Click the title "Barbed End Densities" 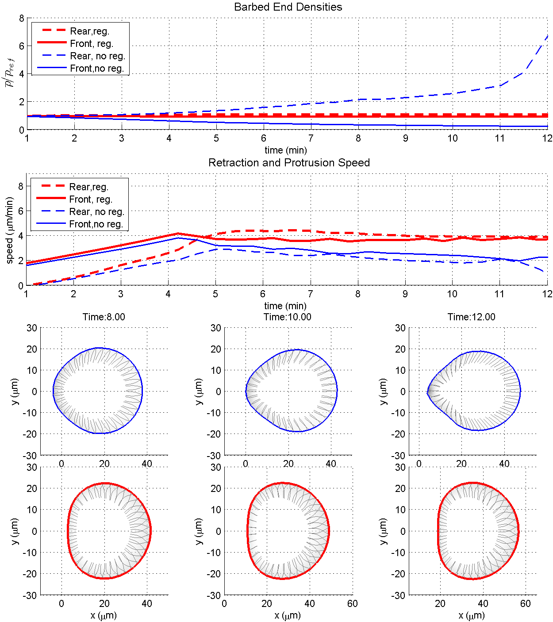288,7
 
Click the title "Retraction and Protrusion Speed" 289,163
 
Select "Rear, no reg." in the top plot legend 97,56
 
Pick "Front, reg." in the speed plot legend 91,200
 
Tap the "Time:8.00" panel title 104,317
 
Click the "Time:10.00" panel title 288,317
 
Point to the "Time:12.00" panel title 472,317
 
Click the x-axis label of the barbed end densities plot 286,150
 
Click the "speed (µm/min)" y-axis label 10,230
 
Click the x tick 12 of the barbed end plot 548,138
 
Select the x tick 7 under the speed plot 311,294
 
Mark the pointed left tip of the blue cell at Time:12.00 427,392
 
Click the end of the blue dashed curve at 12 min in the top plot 548,36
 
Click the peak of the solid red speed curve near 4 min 178,234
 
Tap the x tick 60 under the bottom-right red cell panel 526,604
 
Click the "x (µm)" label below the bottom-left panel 104,615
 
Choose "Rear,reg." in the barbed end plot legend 89,31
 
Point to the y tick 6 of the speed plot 21,211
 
